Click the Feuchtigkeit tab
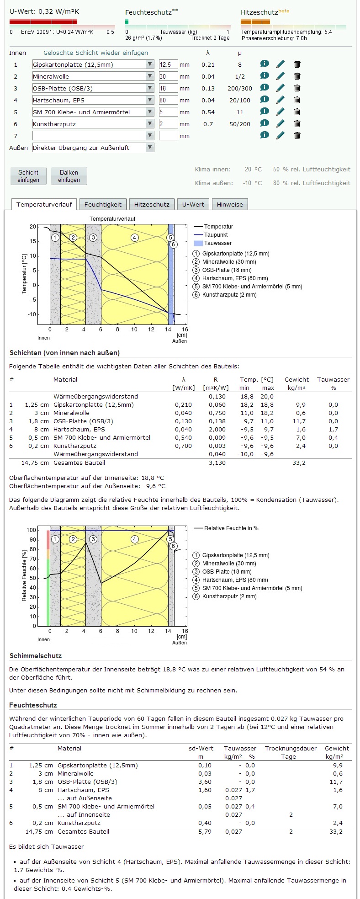(103, 204)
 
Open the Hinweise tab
(230, 204)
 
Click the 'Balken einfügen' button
(69, 176)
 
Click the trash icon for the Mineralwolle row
(297, 76)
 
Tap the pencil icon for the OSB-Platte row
(281, 88)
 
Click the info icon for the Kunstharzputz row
(265, 123)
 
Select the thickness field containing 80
(168, 100)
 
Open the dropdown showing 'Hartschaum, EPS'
(93, 100)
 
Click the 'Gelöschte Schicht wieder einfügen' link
(96, 53)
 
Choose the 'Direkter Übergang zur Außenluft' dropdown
(93, 148)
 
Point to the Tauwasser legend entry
(217, 243)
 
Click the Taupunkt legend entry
(216, 235)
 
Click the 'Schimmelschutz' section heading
(36, 656)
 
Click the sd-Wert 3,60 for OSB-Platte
(205, 782)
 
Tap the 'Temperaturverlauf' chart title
(112, 219)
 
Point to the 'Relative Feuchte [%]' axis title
(25, 575)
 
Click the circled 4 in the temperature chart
(134, 237)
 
